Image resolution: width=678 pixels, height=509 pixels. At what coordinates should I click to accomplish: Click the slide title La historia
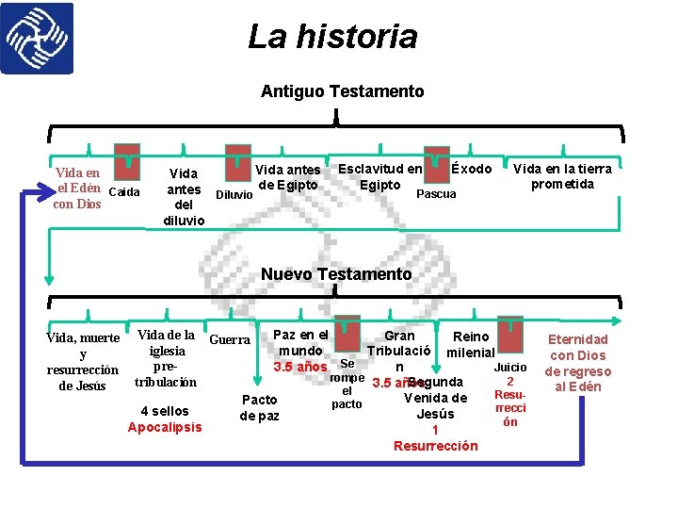(x=332, y=37)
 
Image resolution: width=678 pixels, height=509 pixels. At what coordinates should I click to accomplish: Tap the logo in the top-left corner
(x=38, y=39)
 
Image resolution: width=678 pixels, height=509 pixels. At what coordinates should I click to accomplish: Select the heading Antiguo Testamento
(x=342, y=91)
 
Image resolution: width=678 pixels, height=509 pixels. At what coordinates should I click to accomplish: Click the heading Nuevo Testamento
(x=336, y=274)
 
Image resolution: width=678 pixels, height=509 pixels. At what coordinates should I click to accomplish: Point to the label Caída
(x=124, y=192)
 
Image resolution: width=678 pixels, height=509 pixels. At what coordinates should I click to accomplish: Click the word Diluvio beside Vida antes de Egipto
(x=234, y=195)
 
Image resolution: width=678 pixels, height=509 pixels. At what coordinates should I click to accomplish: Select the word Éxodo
(x=471, y=169)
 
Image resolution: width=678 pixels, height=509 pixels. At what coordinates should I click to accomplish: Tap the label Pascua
(x=436, y=193)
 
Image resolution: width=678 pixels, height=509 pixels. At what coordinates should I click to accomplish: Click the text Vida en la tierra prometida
(x=562, y=176)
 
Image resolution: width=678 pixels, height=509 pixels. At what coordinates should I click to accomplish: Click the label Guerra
(x=229, y=339)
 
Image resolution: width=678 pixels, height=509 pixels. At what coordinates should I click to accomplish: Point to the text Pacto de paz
(x=260, y=407)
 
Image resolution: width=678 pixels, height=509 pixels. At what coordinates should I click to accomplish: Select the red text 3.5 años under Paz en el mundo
(x=299, y=366)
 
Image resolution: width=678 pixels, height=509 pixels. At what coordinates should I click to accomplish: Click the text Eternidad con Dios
(x=578, y=347)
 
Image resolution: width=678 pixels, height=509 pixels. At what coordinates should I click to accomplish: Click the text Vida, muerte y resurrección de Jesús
(x=83, y=361)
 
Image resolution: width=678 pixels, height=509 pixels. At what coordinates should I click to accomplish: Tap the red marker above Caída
(x=126, y=161)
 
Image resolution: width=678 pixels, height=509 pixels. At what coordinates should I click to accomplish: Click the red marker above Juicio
(x=509, y=335)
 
